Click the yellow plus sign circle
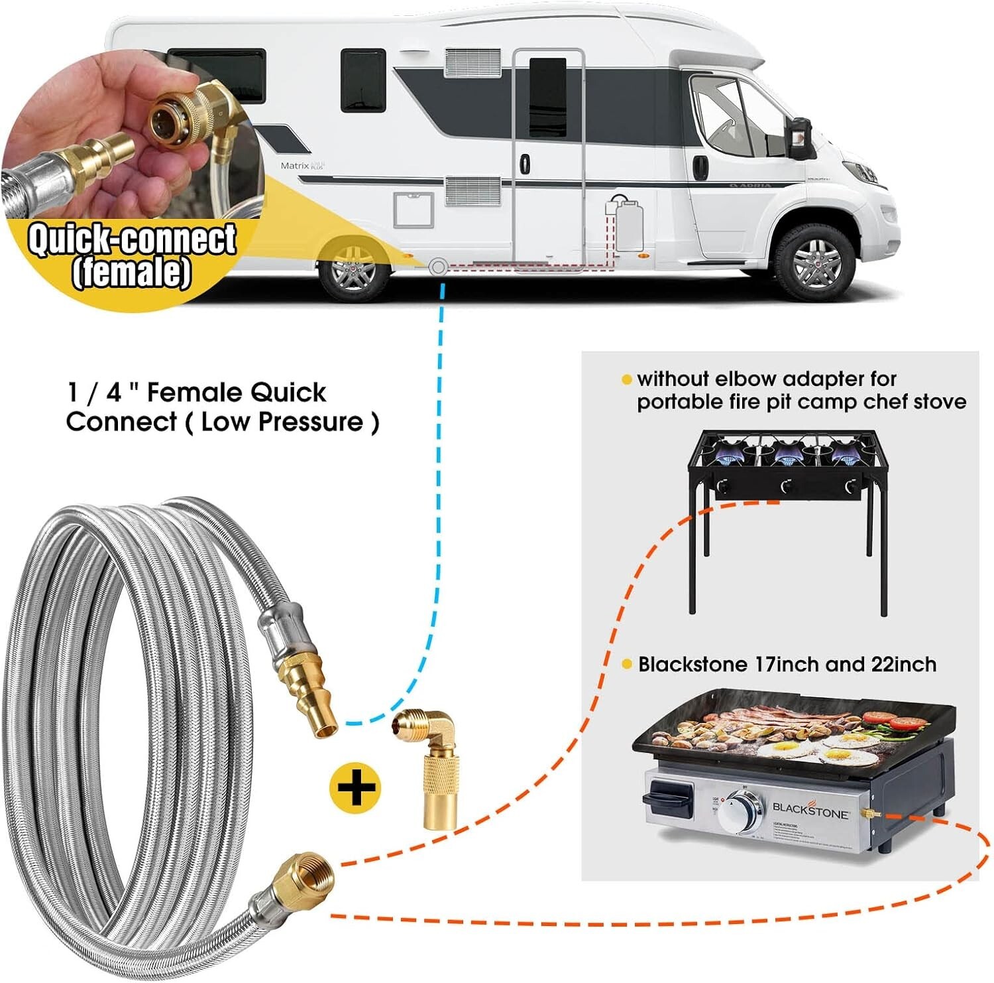click(355, 787)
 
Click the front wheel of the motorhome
click(814, 263)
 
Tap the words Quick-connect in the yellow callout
click(132, 239)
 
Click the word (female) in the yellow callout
click(132, 272)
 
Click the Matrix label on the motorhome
click(295, 165)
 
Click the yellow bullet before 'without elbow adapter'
click(626, 379)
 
